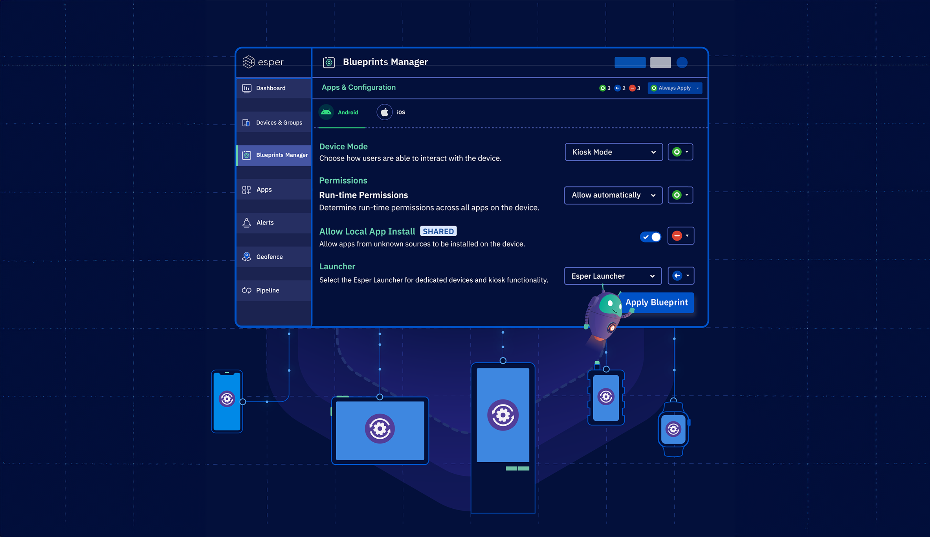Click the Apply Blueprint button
click(657, 302)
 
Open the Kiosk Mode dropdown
click(613, 152)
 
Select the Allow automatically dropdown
click(613, 195)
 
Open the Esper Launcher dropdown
click(613, 276)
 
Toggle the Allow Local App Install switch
click(651, 237)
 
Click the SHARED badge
click(438, 232)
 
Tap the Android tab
click(340, 112)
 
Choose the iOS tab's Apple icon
click(385, 112)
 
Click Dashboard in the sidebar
click(271, 88)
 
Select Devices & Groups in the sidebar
click(279, 123)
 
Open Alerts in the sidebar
click(265, 223)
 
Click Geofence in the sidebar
click(269, 257)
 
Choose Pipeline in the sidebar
click(268, 291)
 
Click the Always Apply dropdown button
click(675, 88)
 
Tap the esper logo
click(263, 62)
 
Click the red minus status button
click(681, 236)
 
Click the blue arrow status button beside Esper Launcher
click(681, 276)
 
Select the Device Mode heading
click(343, 147)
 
